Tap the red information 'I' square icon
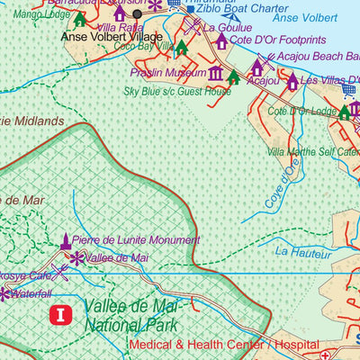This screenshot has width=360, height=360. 60,315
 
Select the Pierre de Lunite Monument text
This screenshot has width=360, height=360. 136,240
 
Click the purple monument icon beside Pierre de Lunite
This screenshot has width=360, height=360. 65,240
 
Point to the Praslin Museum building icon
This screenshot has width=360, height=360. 216,74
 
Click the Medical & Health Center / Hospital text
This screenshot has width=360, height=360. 211,345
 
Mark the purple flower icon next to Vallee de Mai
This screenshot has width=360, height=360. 76,258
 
